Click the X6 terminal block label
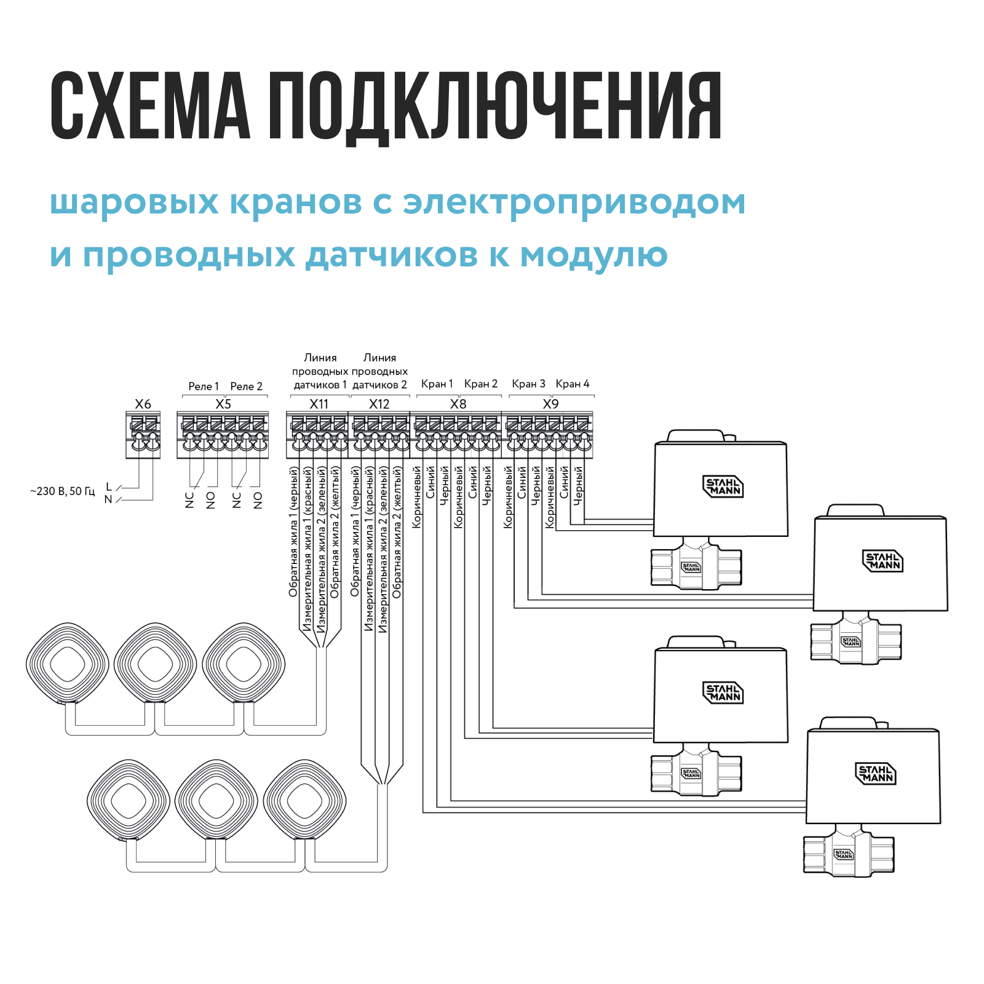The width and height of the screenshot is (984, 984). click(x=143, y=404)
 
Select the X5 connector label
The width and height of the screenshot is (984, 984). click(x=223, y=404)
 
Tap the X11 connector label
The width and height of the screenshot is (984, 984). click(x=319, y=404)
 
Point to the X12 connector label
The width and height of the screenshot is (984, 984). click(x=379, y=404)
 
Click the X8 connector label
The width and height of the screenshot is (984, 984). click(x=458, y=404)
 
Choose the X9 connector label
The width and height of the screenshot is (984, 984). click(x=550, y=404)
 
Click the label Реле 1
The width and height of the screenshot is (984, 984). click(x=204, y=386)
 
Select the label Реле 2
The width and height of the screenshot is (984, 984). click(x=246, y=386)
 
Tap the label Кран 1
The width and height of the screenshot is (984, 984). click(x=437, y=384)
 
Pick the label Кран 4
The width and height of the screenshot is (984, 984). click(x=572, y=384)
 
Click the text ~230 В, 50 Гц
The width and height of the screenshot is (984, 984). click(x=63, y=491)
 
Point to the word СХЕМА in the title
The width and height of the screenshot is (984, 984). click(x=150, y=106)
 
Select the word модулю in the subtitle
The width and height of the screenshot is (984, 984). click(x=593, y=255)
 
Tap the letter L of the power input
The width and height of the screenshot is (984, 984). click(x=109, y=487)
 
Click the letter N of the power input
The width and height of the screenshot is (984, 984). click(x=108, y=499)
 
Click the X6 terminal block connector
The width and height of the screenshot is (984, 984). click(x=143, y=435)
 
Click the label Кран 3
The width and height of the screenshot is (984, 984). click(x=528, y=384)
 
